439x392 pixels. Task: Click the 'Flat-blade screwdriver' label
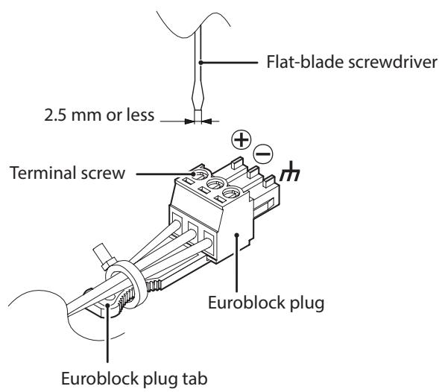click(351, 62)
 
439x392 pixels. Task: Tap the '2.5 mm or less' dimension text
click(99, 115)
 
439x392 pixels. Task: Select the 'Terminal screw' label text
click(67, 173)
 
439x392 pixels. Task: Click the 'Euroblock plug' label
click(266, 303)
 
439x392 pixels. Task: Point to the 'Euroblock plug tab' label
click(134, 379)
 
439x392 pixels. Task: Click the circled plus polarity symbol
click(241, 139)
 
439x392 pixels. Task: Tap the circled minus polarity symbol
click(263, 154)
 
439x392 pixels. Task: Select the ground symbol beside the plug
click(290, 171)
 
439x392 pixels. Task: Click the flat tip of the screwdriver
click(198, 116)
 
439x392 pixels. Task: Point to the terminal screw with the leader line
click(199, 174)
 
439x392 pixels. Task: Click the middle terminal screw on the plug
click(215, 183)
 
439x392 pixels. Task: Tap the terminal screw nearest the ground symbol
click(232, 193)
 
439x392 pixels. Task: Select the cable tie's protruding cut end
click(101, 255)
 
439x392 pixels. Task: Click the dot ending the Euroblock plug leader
click(237, 235)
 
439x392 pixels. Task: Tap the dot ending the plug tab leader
click(107, 306)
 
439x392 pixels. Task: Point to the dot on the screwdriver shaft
click(200, 63)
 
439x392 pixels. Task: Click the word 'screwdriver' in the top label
click(392, 62)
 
